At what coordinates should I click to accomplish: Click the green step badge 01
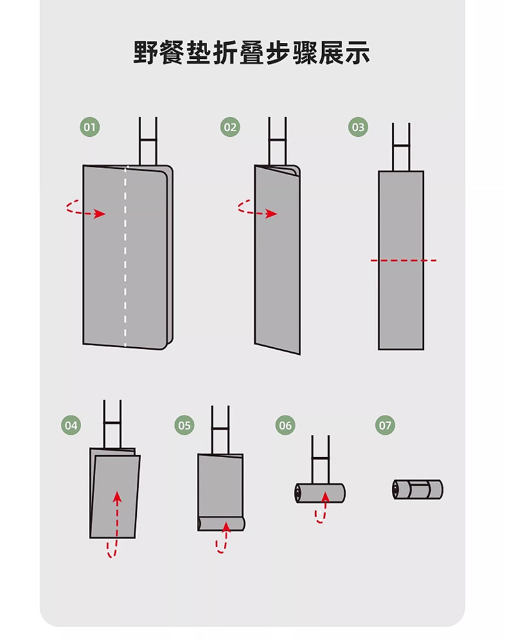(89, 127)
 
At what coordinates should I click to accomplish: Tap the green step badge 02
(230, 127)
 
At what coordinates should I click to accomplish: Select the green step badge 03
(358, 127)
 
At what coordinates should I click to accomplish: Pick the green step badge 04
(71, 425)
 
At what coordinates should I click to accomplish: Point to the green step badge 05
(184, 425)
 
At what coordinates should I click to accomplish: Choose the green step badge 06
(285, 425)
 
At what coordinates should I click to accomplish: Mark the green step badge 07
(385, 425)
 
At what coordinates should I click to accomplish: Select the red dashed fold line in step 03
(403, 260)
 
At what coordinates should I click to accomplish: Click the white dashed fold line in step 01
(125, 256)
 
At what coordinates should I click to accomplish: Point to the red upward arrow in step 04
(116, 524)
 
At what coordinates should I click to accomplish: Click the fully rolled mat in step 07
(417, 489)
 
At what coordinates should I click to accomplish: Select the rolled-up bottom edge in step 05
(221, 524)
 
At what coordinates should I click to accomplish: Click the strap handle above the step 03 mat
(401, 147)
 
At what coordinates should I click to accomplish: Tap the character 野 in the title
(146, 52)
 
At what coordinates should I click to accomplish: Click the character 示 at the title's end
(357, 52)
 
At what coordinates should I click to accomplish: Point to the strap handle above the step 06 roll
(320, 460)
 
